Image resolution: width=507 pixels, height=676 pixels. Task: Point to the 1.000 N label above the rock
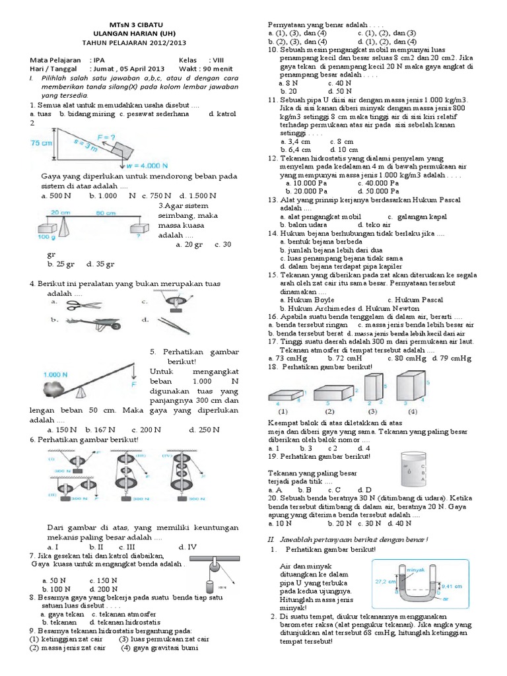click(55, 375)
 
